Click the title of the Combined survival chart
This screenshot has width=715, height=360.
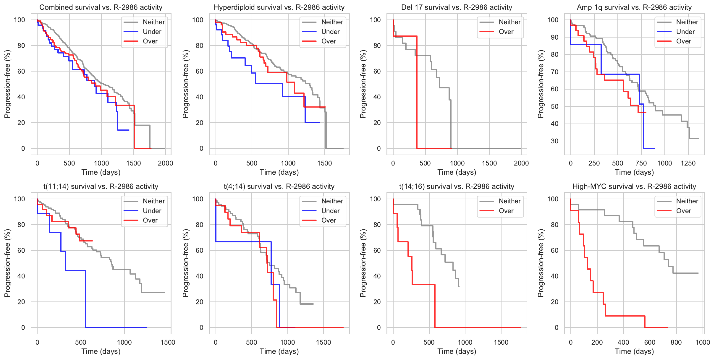point(101,7)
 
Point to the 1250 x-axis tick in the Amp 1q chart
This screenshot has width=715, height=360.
point(688,163)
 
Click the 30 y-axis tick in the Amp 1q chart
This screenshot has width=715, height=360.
point(554,141)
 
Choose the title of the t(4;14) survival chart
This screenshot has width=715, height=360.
point(279,187)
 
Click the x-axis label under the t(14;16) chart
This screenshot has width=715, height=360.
point(457,351)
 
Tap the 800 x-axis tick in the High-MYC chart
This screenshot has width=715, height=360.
point(676,342)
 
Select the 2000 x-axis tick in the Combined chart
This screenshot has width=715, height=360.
point(165,163)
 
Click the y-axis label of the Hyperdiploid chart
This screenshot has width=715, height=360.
point(185,84)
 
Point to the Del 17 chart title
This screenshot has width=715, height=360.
point(457,7)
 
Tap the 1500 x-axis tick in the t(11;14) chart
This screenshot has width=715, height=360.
point(168,342)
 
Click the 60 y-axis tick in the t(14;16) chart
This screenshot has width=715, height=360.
point(377,250)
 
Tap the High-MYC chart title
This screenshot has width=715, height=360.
point(634,187)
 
